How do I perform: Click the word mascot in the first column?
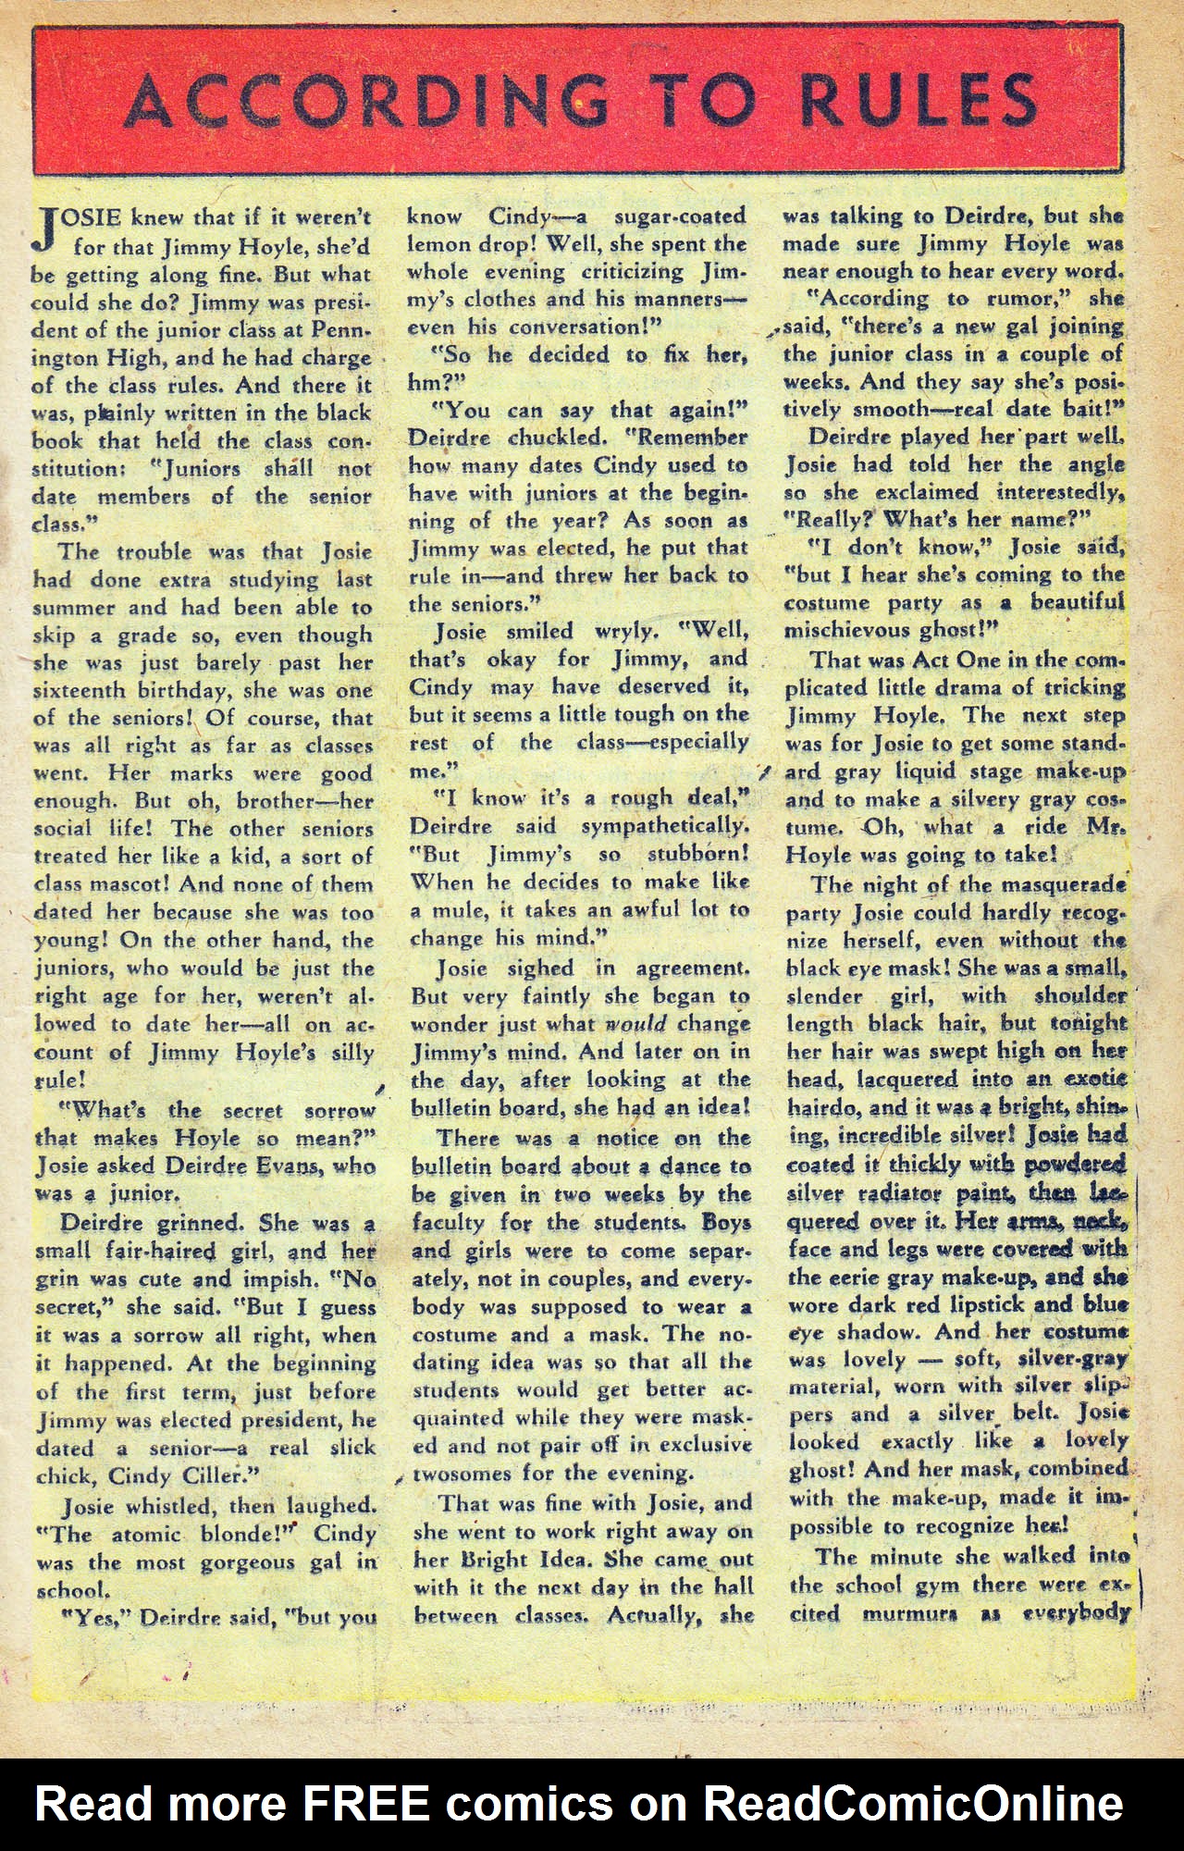click(130, 884)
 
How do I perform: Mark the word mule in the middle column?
click(460, 909)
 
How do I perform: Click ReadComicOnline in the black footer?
click(913, 1803)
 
